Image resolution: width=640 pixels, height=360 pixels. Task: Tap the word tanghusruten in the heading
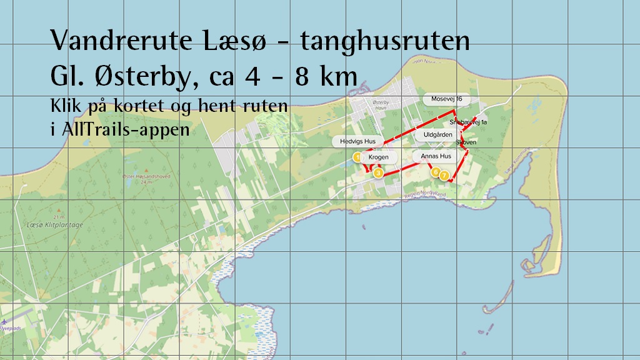point(384,42)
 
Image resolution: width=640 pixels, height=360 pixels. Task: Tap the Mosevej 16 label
point(446,99)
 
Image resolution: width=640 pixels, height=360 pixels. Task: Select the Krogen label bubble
point(378,157)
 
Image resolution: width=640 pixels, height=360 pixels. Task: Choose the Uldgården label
point(437,135)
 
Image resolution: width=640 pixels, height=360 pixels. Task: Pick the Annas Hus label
point(436,156)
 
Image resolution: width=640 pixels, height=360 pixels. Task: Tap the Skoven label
point(467,142)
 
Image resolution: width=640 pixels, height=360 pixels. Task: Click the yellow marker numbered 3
point(378,173)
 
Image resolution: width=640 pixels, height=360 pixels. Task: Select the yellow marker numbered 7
point(444,176)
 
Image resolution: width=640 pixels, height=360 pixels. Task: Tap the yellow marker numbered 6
point(436,171)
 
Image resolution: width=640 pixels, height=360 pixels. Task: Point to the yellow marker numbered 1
point(357,157)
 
